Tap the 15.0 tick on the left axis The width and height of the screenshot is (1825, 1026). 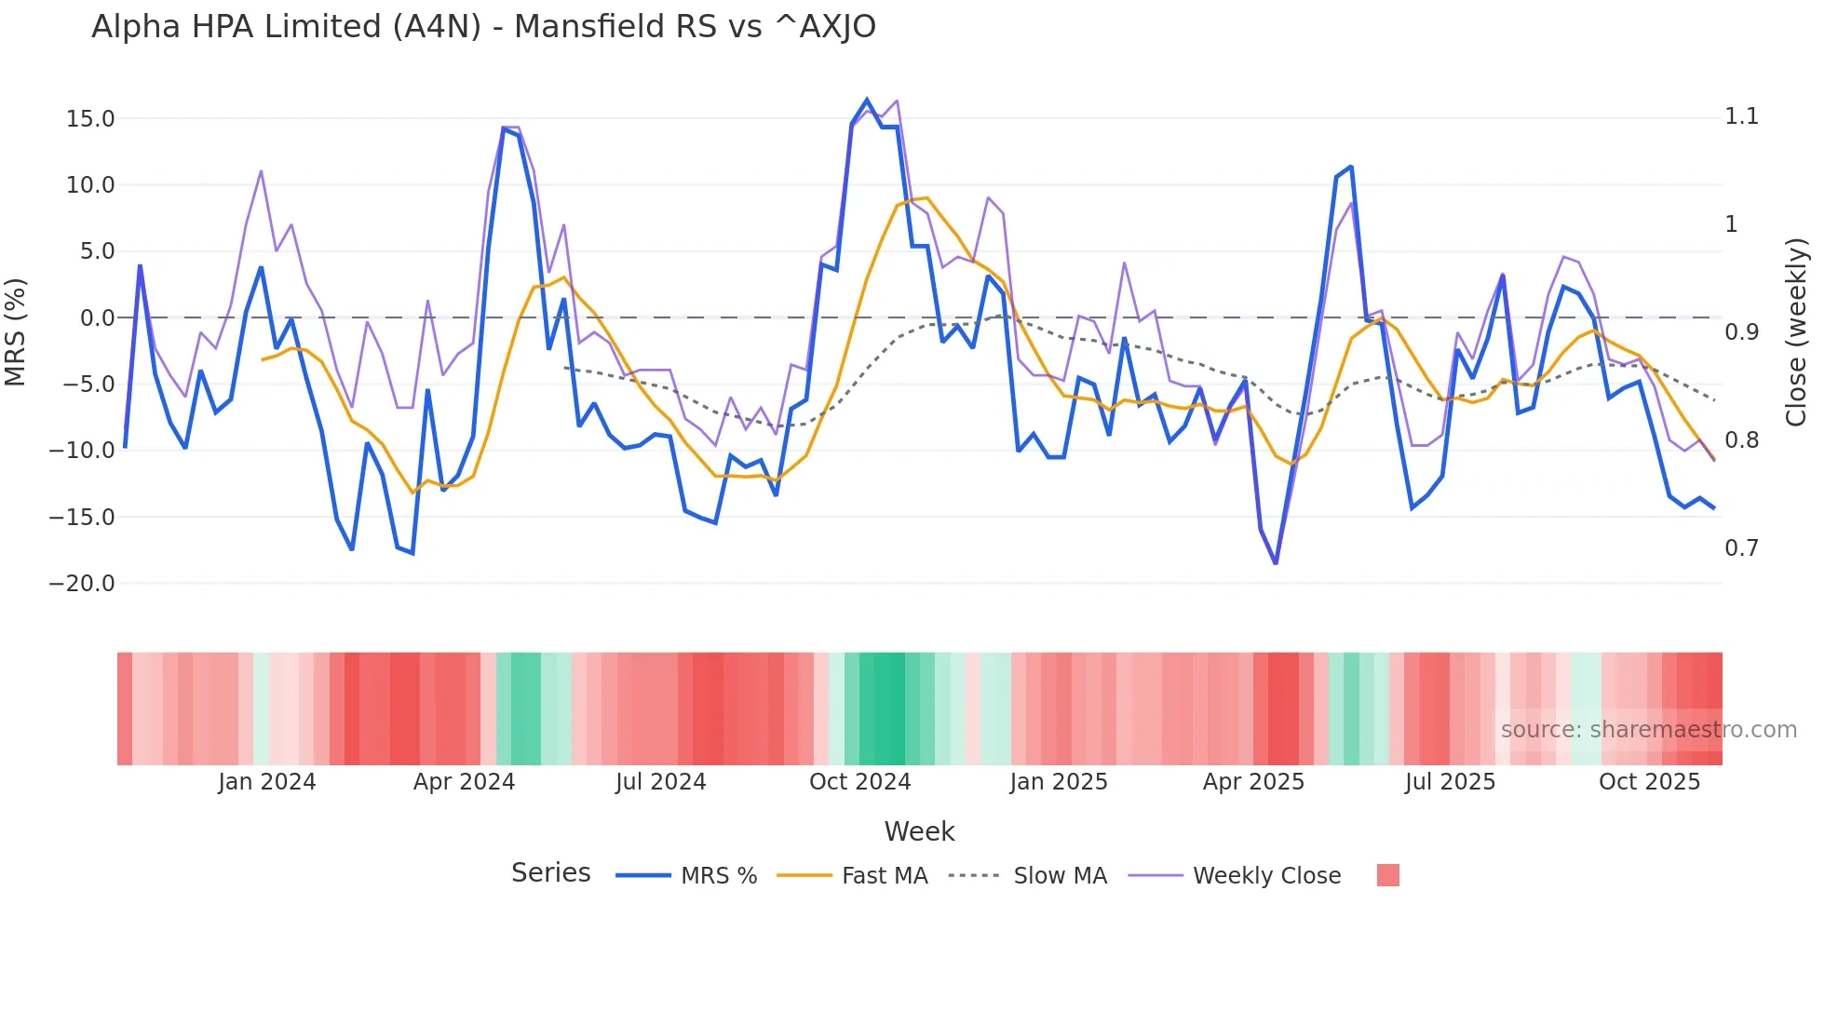(90, 119)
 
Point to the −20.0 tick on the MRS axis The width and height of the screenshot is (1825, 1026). (82, 584)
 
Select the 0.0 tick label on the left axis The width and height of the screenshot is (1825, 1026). (97, 318)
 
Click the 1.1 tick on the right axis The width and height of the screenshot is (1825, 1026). (1741, 116)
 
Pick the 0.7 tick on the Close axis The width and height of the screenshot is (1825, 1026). (1741, 548)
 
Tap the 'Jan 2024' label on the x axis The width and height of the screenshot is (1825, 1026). (267, 782)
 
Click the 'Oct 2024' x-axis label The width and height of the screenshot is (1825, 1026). (859, 782)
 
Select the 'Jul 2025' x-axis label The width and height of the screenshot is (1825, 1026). (1450, 782)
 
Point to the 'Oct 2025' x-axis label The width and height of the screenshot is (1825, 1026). (1649, 782)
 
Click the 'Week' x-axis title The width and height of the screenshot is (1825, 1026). (919, 831)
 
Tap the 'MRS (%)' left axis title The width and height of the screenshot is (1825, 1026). (16, 332)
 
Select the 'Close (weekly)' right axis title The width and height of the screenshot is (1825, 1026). (1796, 332)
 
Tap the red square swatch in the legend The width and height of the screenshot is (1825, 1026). (1387, 875)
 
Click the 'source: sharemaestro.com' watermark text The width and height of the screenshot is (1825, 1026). (1648, 730)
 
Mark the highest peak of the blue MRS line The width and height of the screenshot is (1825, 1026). (867, 101)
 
